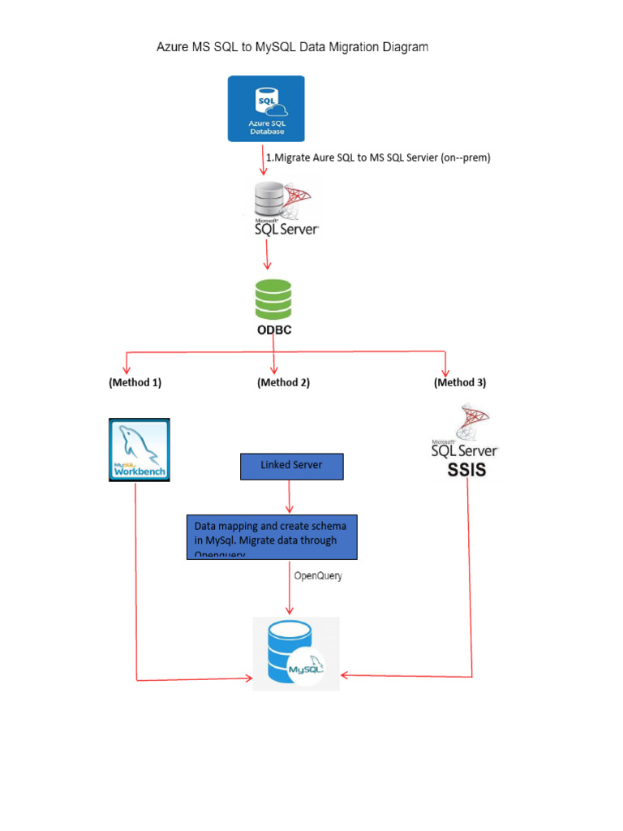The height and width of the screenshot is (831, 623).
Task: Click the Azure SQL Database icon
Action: tap(266, 109)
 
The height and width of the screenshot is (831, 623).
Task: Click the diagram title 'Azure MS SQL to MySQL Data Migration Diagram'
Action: tap(292, 48)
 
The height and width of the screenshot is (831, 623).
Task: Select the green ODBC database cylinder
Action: tap(273, 299)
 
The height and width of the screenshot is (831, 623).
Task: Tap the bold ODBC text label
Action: tap(274, 330)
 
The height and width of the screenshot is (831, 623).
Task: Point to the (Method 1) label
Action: tap(135, 382)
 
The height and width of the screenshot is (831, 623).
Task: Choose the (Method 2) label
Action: tap(283, 382)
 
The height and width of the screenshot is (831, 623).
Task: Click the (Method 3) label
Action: tap(460, 382)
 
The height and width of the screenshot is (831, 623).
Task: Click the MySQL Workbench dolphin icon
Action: tap(139, 449)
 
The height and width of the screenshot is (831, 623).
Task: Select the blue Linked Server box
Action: tap(291, 466)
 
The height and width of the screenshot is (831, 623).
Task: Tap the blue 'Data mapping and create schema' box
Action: tap(272, 536)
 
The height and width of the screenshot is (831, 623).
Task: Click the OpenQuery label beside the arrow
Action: tap(318, 576)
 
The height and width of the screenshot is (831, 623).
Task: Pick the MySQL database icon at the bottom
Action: tap(295, 654)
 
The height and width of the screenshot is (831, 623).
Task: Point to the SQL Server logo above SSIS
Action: tap(465, 435)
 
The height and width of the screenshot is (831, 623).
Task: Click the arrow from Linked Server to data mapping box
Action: tap(290, 496)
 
